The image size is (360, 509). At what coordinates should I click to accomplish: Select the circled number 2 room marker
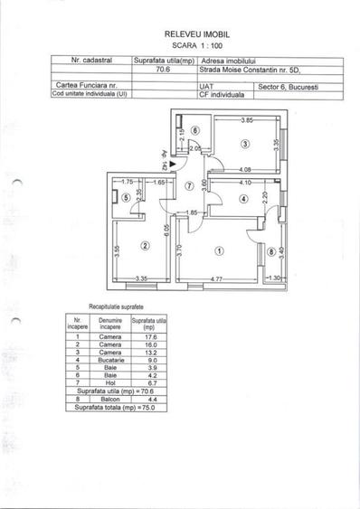tap(145, 244)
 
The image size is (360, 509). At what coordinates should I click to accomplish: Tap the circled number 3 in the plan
tap(244, 144)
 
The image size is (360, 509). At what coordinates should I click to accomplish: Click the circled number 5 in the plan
tap(124, 199)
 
